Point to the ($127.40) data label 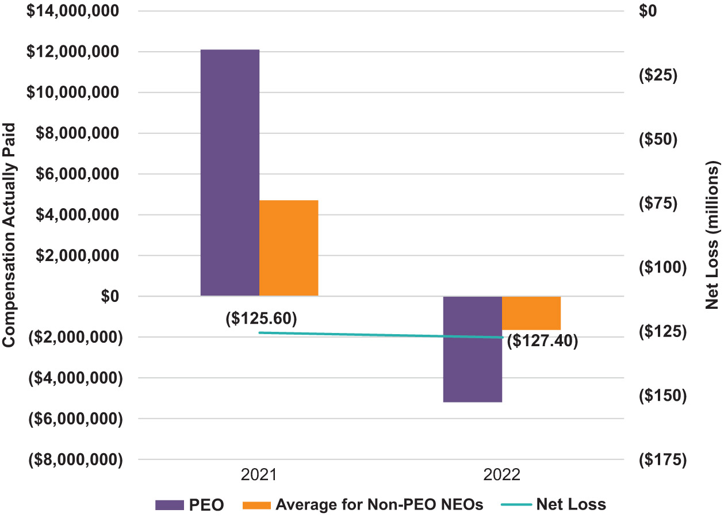[x=542, y=340]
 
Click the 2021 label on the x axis [x=259, y=475]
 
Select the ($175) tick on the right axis [x=662, y=459]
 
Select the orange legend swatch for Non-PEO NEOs [x=256, y=505]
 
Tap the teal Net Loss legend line [x=515, y=505]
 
